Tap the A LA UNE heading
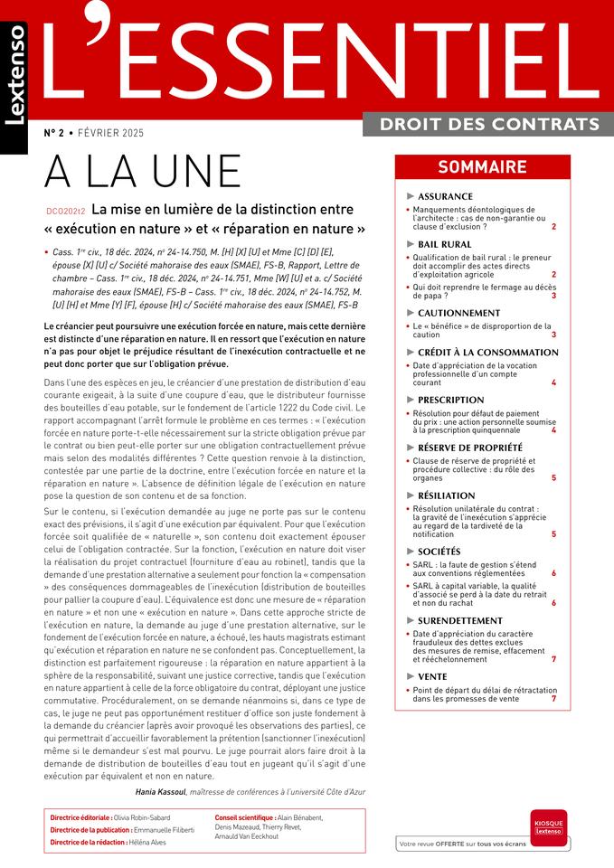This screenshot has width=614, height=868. coord(143,172)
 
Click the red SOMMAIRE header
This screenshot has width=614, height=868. coord(482,166)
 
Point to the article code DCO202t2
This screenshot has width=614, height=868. coord(65,211)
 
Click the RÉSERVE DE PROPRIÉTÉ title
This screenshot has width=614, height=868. coord(470,447)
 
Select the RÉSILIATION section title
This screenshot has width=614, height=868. coord(446,495)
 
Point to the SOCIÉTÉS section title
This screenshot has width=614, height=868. coord(439,552)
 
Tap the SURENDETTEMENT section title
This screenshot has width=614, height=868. coord(460,620)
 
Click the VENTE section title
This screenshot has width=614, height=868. coord(432,675)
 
